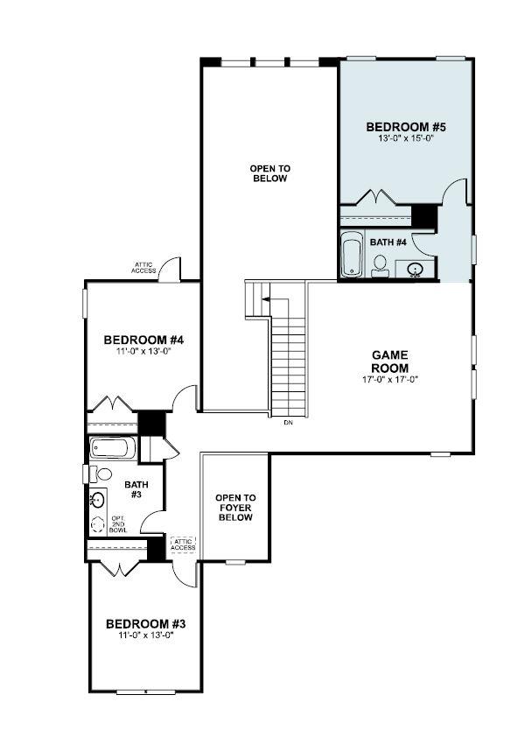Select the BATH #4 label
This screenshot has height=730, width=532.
click(x=388, y=242)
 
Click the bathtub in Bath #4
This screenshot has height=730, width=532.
click(x=353, y=255)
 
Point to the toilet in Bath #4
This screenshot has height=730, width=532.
click(x=381, y=265)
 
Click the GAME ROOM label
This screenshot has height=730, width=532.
click(x=390, y=361)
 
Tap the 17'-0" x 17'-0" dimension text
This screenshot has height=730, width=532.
click(x=390, y=379)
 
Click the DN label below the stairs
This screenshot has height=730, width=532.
click(x=288, y=423)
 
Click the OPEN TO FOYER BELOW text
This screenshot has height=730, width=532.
click(x=235, y=508)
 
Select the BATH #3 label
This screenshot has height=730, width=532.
click(x=136, y=488)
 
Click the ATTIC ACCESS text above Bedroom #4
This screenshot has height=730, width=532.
click(x=145, y=267)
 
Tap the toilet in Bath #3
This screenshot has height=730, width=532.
click(x=102, y=474)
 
